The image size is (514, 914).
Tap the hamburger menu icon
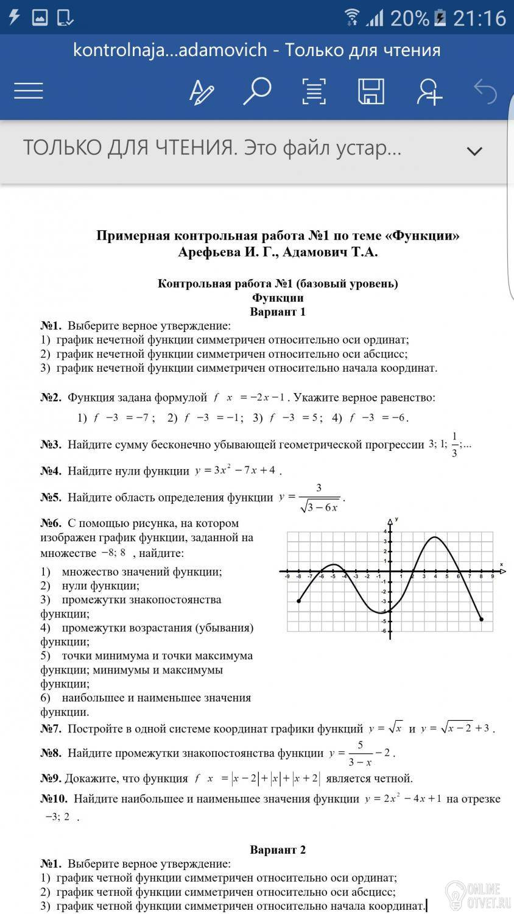pyautogui.click(x=29, y=91)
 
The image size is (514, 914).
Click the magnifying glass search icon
pyautogui.click(x=256, y=91)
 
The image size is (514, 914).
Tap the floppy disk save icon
pyautogui.click(x=371, y=91)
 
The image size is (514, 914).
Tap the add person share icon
pyautogui.click(x=429, y=91)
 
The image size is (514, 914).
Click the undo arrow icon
pyautogui.click(x=485, y=91)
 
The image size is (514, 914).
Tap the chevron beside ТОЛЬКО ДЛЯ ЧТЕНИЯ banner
pyautogui.click(x=474, y=151)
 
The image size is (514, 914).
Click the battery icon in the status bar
pyautogui.click(x=440, y=18)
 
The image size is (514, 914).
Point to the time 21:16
pyautogui.click(x=479, y=18)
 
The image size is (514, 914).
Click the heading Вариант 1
pyautogui.click(x=278, y=312)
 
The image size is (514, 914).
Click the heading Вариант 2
pyautogui.click(x=278, y=850)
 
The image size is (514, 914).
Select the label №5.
pyautogui.click(x=51, y=498)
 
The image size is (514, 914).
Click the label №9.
pyautogui.click(x=51, y=778)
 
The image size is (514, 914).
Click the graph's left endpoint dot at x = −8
pyautogui.click(x=298, y=601)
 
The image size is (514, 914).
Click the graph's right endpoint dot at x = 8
pyautogui.click(x=481, y=619)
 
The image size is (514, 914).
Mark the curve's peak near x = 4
pyautogui.click(x=435, y=537)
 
